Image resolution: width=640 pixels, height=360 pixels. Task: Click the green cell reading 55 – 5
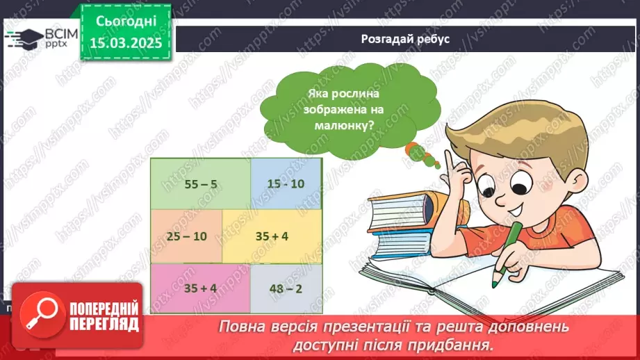tap(200, 183)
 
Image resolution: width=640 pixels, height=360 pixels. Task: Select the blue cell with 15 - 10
tap(286, 183)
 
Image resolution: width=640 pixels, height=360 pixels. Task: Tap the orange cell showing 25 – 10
tap(186, 236)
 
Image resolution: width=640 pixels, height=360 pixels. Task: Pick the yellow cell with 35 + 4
tap(272, 236)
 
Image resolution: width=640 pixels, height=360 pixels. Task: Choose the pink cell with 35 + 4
tap(200, 288)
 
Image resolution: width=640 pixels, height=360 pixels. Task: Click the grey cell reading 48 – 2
tap(286, 288)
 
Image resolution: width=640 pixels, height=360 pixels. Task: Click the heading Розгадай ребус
tap(405, 39)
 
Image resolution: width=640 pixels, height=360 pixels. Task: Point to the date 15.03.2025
tap(126, 43)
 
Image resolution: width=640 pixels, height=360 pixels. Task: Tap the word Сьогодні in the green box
tap(126, 21)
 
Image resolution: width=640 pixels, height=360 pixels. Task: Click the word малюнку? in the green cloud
tap(344, 125)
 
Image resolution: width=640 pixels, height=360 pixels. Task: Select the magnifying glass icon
tap(42, 313)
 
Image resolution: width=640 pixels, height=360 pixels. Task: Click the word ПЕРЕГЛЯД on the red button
tap(104, 325)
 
